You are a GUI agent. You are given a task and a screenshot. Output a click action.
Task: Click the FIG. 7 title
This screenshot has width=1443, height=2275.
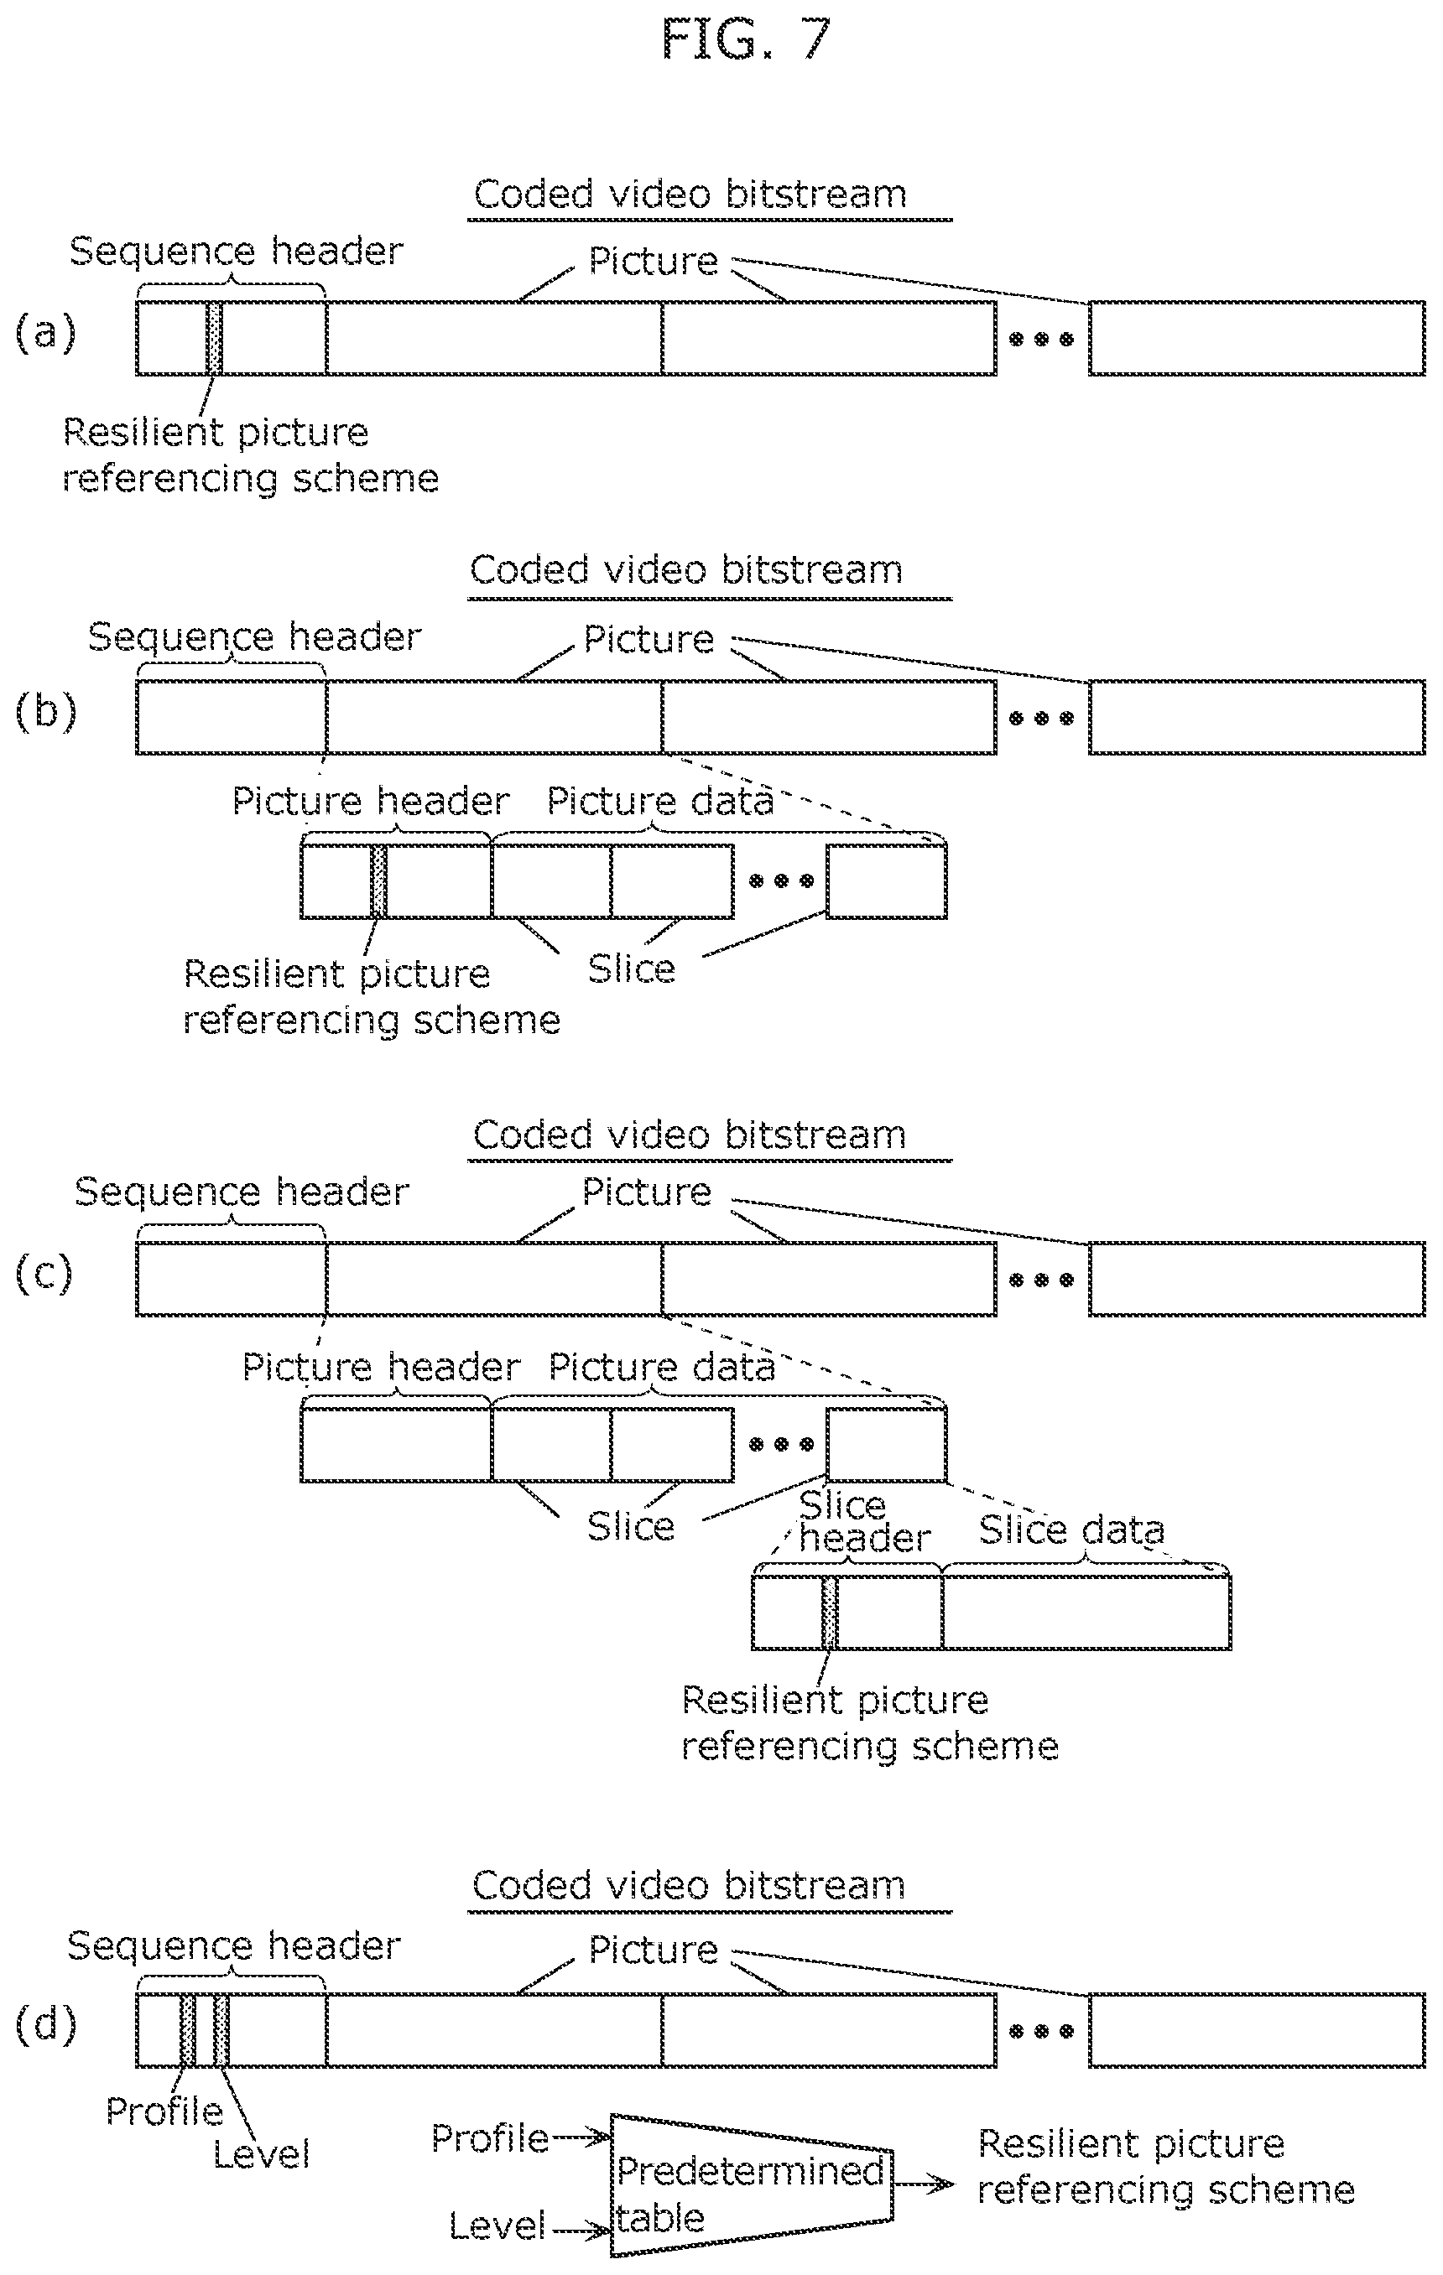click(746, 39)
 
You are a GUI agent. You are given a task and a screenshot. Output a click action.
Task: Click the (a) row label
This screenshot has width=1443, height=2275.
click(44, 334)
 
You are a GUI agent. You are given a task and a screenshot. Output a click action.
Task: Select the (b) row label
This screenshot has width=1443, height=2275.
click(44, 713)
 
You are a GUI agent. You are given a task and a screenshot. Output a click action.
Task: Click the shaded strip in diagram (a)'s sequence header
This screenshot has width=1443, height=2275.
click(215, 338)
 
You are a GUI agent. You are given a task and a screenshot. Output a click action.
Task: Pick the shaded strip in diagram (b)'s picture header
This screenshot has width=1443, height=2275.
click(378, 881)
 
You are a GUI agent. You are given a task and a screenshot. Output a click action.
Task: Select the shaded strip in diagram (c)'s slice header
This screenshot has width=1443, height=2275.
click(829, 1613)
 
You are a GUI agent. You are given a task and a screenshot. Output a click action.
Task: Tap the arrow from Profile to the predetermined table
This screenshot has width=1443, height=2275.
click(581, 2138)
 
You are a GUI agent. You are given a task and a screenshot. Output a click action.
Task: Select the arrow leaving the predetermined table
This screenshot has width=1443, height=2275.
click(923, 2184)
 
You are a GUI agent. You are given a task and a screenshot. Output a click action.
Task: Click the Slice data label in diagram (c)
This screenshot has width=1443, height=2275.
click(1071, 1530)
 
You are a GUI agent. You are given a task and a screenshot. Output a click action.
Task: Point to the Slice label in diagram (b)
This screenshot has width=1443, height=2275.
click(631, 969)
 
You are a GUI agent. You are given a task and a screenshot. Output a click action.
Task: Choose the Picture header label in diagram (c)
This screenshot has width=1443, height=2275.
click(381, 1367)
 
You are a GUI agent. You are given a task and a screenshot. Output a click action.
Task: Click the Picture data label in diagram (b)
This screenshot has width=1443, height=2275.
click(659, 801)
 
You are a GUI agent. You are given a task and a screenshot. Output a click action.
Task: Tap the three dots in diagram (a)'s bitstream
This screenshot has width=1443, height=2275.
click(1041, 339)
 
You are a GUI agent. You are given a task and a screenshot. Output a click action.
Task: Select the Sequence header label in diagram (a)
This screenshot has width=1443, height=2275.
click(237, 252)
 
